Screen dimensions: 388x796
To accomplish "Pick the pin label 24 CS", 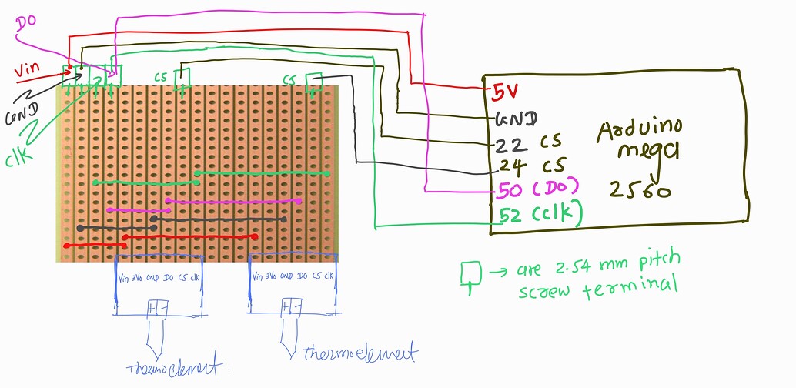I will point(530,166).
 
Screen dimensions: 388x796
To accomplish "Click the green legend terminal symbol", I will point(470,274).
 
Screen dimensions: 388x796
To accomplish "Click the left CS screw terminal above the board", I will point(182,79).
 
